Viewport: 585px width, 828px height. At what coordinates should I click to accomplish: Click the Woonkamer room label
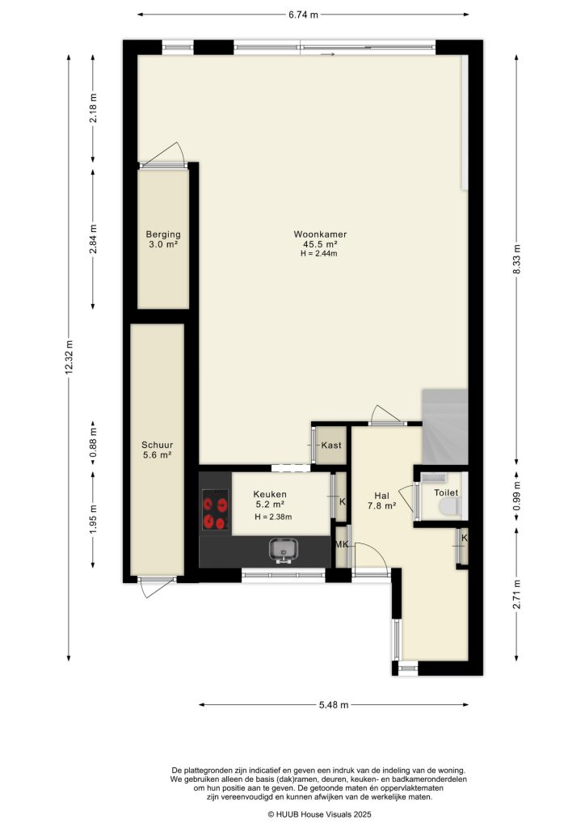(x=315, y=234)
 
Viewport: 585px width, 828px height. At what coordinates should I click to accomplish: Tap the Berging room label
(x=162, y=234)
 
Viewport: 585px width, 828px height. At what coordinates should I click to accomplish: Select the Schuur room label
(x=157, y=445)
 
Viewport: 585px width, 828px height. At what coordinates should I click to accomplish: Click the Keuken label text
(x=269, y=495)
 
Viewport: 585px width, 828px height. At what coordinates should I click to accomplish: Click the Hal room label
(x=381, y=496)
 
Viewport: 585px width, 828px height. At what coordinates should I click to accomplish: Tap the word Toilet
(x=446, y=492)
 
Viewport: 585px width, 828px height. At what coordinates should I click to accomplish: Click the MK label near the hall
(x=342, y=544)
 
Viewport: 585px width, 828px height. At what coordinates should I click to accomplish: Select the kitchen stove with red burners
(x=215, y=512)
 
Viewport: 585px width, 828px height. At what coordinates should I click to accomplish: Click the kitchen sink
(x=284, y=551)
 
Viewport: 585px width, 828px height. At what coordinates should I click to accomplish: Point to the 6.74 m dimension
(x=303, y=14)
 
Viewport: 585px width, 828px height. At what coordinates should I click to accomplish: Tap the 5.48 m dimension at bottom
(x=333, y=705)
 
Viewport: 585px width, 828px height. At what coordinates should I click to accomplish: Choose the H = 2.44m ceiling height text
(x=315, y=254)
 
